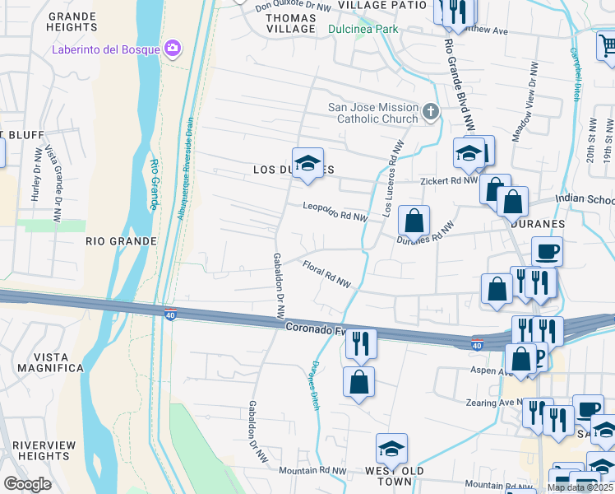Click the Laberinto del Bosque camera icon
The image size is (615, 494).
172,49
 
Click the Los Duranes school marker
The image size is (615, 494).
307,162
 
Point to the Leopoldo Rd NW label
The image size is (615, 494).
335,212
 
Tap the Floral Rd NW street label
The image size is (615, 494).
326,274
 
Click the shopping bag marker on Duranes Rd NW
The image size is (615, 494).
414,221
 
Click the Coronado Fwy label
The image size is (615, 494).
314,328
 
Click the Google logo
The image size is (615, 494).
27,484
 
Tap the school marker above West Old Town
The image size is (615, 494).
392,448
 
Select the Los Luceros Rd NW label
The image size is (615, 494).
393,179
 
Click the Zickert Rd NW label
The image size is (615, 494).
446,180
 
